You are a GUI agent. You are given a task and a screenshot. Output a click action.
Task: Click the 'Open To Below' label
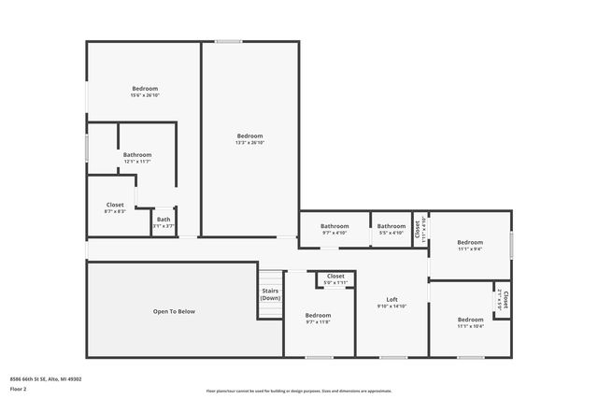click(174, 311)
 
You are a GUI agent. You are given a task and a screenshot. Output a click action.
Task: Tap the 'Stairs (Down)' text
click(270, 294)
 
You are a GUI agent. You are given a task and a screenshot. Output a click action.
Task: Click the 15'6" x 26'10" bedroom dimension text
click(145, 94)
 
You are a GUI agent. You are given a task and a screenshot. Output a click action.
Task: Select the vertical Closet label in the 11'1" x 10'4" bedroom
click(504, 300)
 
